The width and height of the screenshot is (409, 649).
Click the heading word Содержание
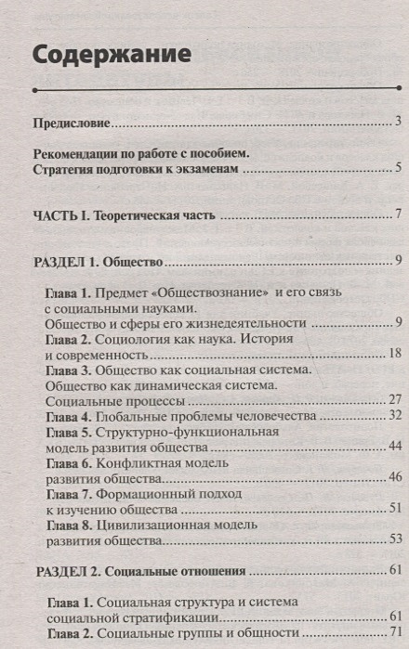112,54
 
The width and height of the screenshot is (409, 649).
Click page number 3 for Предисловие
397,122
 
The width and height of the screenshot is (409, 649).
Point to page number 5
397,168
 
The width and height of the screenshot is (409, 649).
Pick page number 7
397,215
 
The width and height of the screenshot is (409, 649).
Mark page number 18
394,354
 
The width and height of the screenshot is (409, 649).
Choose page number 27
394,400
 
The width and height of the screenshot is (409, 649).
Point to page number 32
394,416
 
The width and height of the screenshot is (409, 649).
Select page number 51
394,509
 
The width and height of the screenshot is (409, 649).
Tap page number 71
394,632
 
